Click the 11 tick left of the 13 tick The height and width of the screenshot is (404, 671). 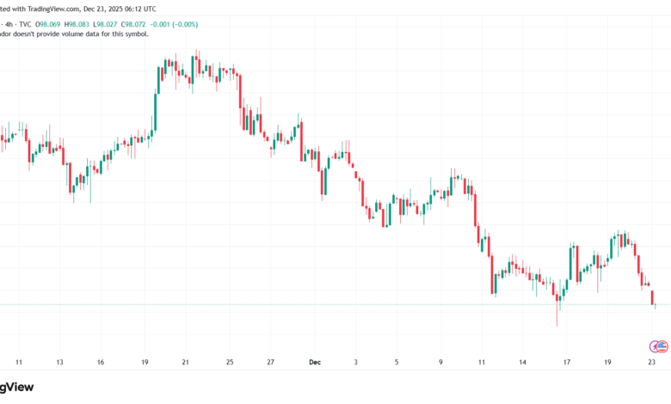tap(18, 363)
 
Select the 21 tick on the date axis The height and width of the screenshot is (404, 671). tap(185, 363)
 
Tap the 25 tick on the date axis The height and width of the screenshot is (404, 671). tap(229, 363)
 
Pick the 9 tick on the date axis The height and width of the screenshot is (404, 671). tap(440, 363)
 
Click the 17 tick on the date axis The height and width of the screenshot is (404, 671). tap(567, 363)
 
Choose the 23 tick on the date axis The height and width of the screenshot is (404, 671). tap(651, 363)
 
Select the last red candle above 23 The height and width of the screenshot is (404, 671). tap(651, 297)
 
